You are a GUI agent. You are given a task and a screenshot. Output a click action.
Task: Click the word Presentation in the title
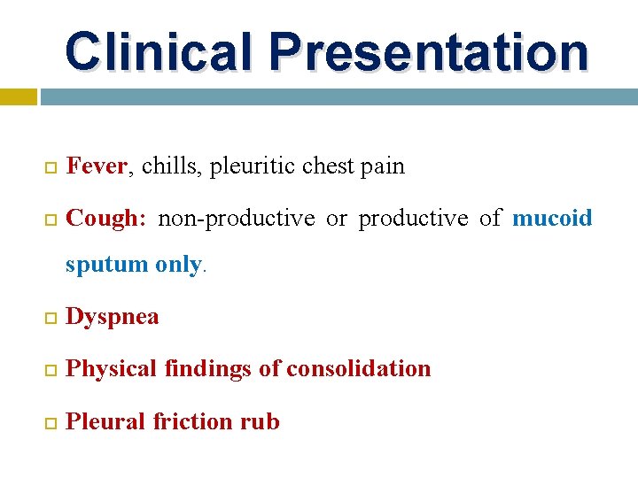(x=430, y=51)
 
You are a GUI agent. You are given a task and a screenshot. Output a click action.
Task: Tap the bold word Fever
(x=97, y=166)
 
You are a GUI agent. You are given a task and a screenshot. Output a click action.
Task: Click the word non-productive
(x=236, y=218)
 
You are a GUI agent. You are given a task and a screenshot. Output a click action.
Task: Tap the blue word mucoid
(x=552, y=218)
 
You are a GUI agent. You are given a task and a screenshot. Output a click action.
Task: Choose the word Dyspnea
(x=113, y=317)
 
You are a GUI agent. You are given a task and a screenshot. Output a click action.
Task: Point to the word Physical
(x=114, y=368)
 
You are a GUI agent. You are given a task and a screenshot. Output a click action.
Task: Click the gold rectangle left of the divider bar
(x=18, y=96)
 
